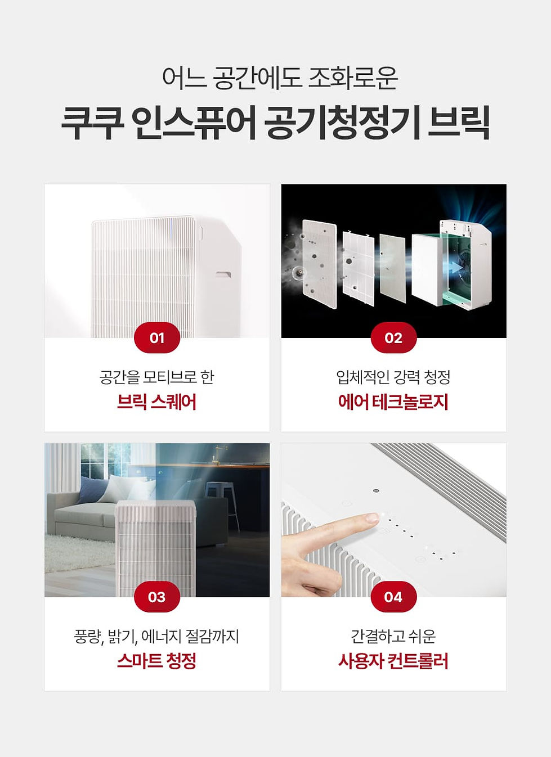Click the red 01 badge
point(156,337)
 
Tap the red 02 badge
point(393,337)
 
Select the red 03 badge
point(156,597)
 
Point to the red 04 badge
point(393,597)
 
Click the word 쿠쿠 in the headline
point(92,123)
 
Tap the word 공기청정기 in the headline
point(342,123)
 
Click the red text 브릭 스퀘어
point(156,402)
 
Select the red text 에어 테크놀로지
point(393,402)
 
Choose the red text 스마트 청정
point(156,661)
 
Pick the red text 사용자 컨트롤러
point(393,661)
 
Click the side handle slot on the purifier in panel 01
point(223,274)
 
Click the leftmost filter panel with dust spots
point(320,263)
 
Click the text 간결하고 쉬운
point(393,636)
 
